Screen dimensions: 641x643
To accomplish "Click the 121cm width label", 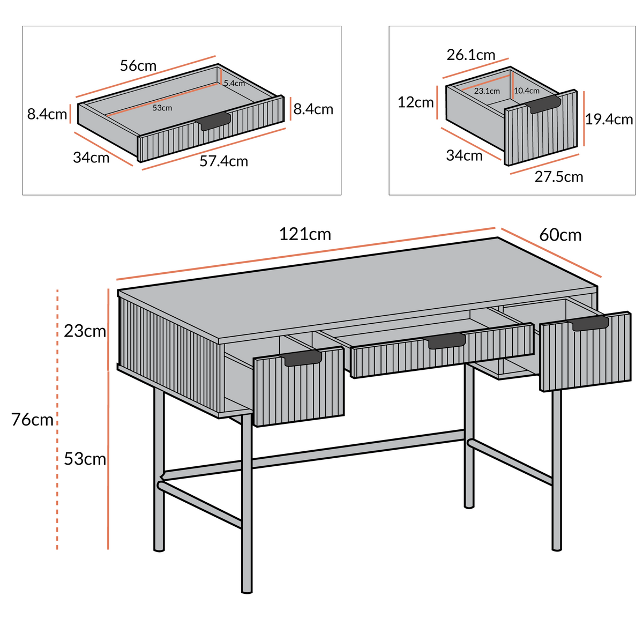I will point(305,234).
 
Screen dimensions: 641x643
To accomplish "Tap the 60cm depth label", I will point(560,235).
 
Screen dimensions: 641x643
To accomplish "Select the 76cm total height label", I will point(32,420).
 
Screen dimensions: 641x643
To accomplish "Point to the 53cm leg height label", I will point(85,459).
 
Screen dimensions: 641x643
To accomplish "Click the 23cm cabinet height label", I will point(85,331).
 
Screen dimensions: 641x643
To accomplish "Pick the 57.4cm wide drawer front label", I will point(223,161).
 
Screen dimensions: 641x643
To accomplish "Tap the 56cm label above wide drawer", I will point(138,66).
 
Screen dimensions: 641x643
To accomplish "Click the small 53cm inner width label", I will point(162,108).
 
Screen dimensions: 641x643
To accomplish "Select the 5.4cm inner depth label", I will point(234,83).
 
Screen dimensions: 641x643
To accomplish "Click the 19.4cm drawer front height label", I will point(609,119).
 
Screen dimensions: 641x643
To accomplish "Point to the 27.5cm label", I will point(558,177).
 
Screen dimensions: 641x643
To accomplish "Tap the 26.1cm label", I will point(471,55).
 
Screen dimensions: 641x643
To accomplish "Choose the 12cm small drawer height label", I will point(415,102).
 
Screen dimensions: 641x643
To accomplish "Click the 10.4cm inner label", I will point(527,91).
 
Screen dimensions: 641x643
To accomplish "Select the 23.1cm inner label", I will point(487,91).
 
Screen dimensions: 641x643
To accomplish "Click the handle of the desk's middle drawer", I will point(445,341).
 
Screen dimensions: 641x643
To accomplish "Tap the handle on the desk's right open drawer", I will point(590,323).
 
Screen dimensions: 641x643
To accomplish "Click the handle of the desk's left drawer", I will point(302,358).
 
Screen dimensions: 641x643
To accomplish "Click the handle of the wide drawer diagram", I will point(215,121).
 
